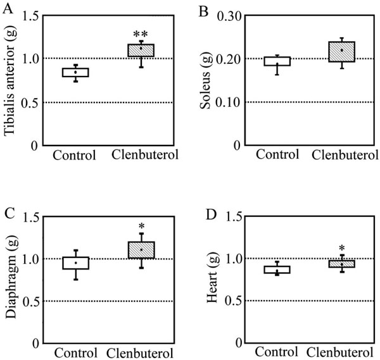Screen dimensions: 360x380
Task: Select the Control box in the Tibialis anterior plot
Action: (x=75, y=72)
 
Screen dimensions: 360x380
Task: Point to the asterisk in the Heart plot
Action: (x=341, y=248)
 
